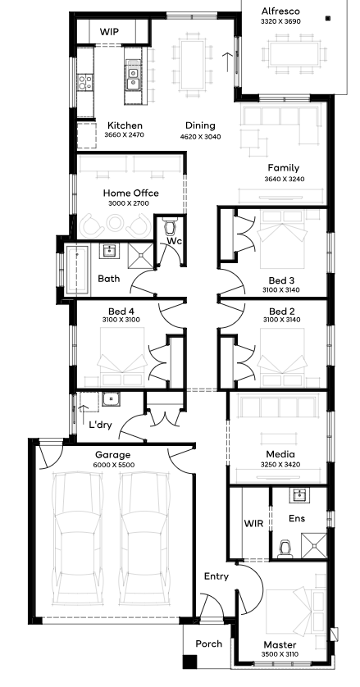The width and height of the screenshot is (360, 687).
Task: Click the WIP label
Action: point(109,31)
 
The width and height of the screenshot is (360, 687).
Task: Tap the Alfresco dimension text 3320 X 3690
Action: point(280,21)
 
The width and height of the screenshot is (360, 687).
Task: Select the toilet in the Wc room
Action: point(169,226)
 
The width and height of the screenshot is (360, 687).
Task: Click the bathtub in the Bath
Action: point(77,270)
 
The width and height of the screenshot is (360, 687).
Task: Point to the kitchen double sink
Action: point(132,77)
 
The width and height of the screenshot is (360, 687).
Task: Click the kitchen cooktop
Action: point(85,82)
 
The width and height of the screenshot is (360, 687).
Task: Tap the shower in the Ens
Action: point(314,545)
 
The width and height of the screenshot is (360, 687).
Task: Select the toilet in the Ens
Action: point(285,549)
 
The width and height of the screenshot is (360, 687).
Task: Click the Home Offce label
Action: point(130,193)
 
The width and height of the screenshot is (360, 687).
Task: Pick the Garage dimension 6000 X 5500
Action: point(114,466)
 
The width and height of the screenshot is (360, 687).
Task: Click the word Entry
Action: point(216,576)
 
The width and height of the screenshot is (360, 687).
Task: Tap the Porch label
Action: point(209,644)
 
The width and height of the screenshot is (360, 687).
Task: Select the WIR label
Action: point(253,523)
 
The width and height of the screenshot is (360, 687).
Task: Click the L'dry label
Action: point(100,425)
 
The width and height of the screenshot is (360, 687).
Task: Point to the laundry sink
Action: point(111,399)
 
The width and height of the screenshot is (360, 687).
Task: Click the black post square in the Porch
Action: point(190,662)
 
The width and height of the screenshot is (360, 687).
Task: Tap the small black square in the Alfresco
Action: point(327,18)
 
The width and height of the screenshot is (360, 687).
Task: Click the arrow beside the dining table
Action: point(228,62)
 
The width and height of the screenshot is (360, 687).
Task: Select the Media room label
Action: point(280,454)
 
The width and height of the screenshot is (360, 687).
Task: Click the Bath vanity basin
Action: point(108,251)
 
